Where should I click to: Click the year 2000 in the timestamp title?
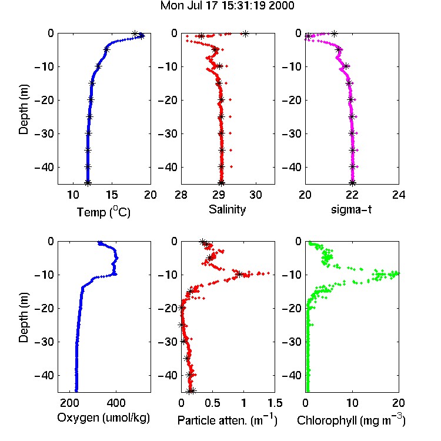pyautogui.click(x=281, y=5)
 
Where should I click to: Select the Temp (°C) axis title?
pyautogui.click(x=103, y=212)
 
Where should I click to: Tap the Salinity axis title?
pyautogui.click(x=227, y=209)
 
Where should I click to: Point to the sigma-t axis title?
pyautogui.click(x=351, y=209)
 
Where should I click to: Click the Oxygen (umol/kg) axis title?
pyautogui.click(x=103, y=418)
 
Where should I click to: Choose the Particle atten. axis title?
pyautogui.click(x=228, y=420)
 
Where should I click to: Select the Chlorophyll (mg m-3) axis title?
pyautogui.click(x=351, y=420)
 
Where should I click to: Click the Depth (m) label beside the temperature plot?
pyautogui.click(x=24, y=109)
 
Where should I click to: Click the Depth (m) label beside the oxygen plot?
pyautogui.click(x=24, y=318)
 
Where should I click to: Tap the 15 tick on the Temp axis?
pyautogui.click(x=112, y=195)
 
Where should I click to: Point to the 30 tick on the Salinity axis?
pyautogui.click(x=256, y=195)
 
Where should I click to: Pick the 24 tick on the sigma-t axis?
pyautogui.click(x=399, y=195)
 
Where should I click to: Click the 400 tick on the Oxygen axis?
pyautogui.click(x=116, y=403)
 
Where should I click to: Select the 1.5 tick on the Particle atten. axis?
pyautogui.click(x=275, y=403)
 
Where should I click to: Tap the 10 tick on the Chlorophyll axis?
pyautogui.click(x=352, y=403)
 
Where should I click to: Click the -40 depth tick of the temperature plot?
pyautogui.click(x=44, y=168)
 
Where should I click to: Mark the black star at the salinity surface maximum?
pyautogui.click(x=246, y=34)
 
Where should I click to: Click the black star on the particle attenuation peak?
pyautogui.click(x=239, y=274)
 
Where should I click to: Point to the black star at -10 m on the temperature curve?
pyautogui.click(x=98, y=66)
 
